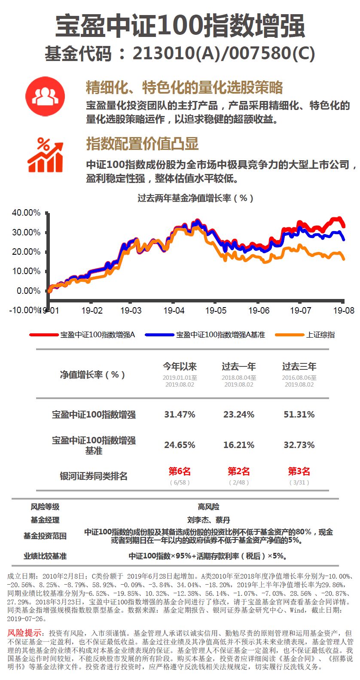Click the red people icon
coord(45,96)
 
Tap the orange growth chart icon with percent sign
coord(45,156)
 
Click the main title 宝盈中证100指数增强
coord(180,26)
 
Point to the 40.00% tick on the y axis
coord(26,213)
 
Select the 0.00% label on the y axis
coord(28,291)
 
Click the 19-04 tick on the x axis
coord(174,310)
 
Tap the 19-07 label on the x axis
coord(301,310)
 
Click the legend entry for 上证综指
coord(320,335)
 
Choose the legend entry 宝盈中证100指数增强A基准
coord(220,335)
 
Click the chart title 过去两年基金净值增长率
coord(195,198)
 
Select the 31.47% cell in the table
coord(180,415)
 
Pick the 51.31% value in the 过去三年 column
coord(299,415)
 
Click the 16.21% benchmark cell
coord(239,445)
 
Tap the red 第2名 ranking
coord(239,471)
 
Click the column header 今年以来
coord(180,366)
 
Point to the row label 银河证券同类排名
coord(94,476)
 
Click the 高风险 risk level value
coord(208,507)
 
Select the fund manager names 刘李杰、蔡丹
coord(208,520)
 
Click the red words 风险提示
coord(24,633)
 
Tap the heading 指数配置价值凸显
coord(142,143)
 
